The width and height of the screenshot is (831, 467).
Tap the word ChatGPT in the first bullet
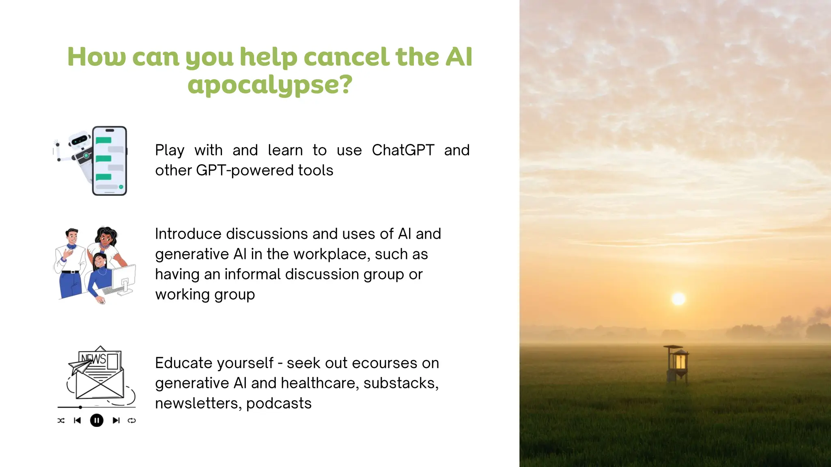coord(403,150)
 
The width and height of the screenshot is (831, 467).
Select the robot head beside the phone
coord(80,140)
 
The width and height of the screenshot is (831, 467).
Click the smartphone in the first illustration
coord(109,161)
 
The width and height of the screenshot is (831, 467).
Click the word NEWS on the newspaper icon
coord(93,359)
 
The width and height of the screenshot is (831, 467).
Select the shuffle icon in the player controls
coord(61,421)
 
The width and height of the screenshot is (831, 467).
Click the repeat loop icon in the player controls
coord(132,421)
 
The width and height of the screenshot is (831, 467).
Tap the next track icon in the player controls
coord(116,421)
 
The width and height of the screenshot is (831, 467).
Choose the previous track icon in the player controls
coord(77,421)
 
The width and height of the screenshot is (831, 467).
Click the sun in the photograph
coord(678,299)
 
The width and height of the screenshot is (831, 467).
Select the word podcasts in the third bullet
coord(279,403)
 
